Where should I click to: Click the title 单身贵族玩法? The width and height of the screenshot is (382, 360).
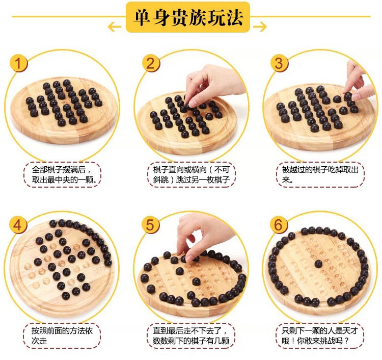[188, 17]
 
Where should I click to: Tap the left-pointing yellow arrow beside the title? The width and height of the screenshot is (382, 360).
[114, 27]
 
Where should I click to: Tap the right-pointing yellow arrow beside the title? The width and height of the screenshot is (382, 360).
[260, 27]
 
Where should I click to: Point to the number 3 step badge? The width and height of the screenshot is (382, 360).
[279, 63]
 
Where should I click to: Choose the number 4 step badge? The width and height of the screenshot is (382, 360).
[18, 225]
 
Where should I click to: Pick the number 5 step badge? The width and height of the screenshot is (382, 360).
[151, 224]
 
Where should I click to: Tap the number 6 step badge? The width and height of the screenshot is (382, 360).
[279, 224]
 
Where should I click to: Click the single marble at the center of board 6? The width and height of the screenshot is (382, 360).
[318, 264]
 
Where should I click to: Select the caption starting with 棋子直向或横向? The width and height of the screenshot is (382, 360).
[192, 174]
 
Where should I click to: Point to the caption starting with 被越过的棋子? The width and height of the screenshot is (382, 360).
[320, 174]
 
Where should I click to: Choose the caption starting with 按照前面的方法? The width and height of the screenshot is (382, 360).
[62, 336]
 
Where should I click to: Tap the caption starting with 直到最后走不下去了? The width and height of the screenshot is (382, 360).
[191, 336]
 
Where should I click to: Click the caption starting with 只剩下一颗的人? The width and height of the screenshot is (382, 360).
[320, 336]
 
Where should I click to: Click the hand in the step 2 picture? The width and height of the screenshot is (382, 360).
[212, 84]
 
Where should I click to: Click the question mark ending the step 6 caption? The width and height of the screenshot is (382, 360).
[347, 341]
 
